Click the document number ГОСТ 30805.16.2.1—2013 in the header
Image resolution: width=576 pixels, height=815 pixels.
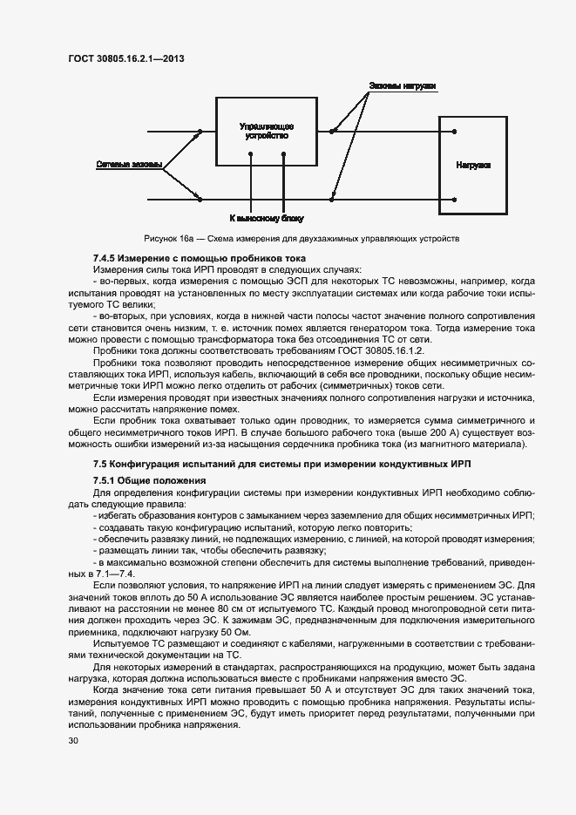pos(125,58)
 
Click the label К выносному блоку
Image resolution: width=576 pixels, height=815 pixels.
pos(267,218)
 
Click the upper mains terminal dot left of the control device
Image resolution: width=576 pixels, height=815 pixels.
pos(200,132)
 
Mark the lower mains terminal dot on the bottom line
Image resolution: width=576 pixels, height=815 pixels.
pos(200,199)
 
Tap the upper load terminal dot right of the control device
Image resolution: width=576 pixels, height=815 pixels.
pos(331,132)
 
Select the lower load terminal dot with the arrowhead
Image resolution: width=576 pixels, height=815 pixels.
pos(331,199)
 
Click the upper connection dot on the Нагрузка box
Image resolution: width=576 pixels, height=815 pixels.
pos(454,132)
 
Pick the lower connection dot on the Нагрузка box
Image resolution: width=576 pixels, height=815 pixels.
pos(454,199)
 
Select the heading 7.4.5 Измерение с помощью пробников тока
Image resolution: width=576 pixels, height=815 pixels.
pos(199,259)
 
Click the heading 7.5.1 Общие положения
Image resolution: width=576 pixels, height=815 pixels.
pos(149,480)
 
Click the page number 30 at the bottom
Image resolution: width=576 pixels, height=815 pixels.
pos(73,741)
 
